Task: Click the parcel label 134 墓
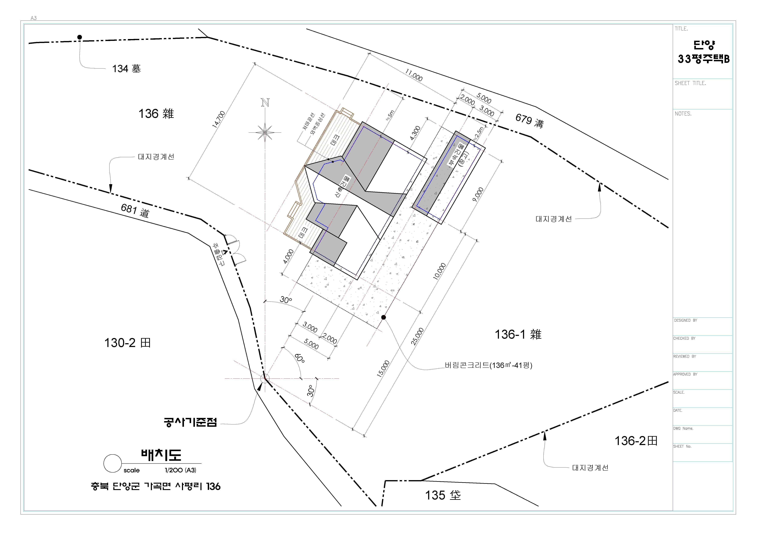(x=127, y=69)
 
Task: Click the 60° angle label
(x=299, y=358)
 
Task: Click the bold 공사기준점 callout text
(x=190, y=422)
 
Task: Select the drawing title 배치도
(x=161, y=454)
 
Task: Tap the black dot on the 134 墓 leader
(x=79, y=37)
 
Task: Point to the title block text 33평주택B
(x=704, y=59)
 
